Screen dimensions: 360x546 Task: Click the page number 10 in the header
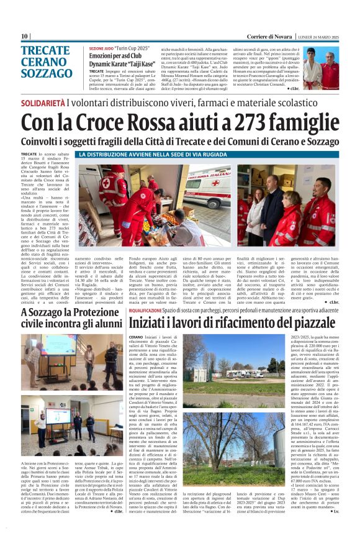24,37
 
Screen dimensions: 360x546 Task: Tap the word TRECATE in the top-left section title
45,50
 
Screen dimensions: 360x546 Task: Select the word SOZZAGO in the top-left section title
46,73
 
